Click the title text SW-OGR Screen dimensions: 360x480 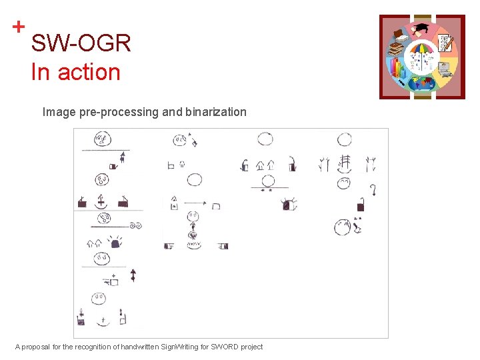pos(81,44)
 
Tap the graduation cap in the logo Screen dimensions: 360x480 pos(422,29)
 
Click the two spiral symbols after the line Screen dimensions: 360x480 pos(136,226)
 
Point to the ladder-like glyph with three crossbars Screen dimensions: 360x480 pos(344,162)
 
